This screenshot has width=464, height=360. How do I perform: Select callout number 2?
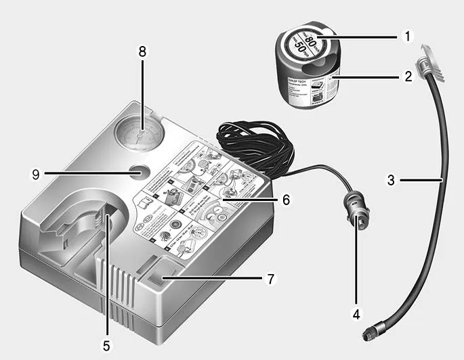[408, 76]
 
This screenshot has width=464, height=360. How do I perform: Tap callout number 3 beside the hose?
[392, 181]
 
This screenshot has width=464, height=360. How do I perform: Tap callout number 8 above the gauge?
[141, 53]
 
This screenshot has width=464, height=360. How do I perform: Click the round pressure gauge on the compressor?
[138, 133]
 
